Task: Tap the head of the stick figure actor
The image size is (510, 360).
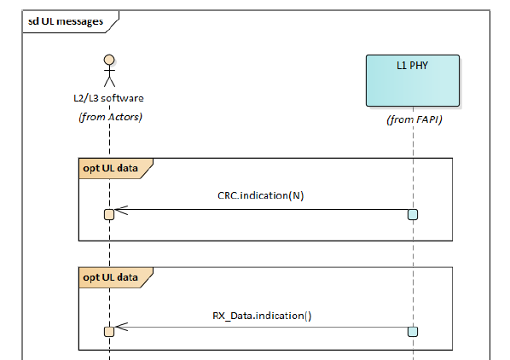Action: point(108,61)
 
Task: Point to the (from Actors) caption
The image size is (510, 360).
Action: point(108,116)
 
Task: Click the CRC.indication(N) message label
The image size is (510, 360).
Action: point(260,195)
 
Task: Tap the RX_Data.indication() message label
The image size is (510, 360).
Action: point(262,315)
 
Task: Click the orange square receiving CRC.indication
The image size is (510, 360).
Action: point(109,214)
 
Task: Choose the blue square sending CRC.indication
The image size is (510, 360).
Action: point(413,214)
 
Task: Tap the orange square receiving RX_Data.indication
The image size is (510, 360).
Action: point(109,331)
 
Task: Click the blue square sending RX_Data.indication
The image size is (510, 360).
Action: point(413,331)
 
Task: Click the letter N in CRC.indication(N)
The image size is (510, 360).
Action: point(294,195)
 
